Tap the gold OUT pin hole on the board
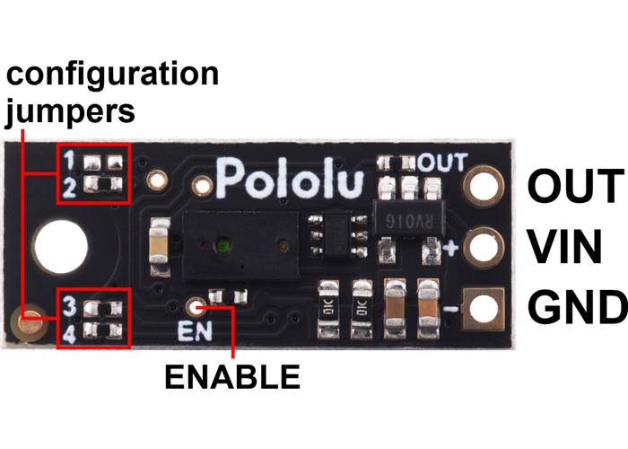pyautogui.click(x=484, y=187)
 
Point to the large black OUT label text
pyautogui.click(x=574, y=187)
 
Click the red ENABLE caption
pyautogui.click(x=231, y=377)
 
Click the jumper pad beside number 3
pyautogui.click(x=101, y=308)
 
